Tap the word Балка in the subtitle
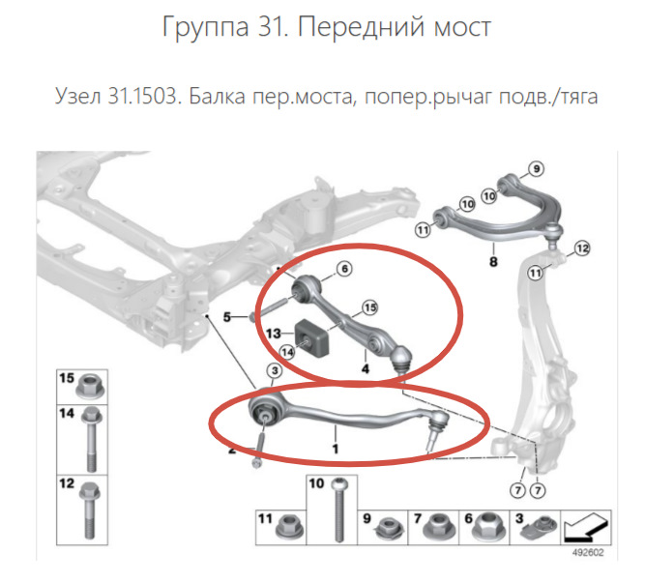(216, 97)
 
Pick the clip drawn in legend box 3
(540, 529)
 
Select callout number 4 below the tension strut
(365, 367)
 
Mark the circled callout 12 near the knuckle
(580, 249)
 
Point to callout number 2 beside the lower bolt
(231, 449)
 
